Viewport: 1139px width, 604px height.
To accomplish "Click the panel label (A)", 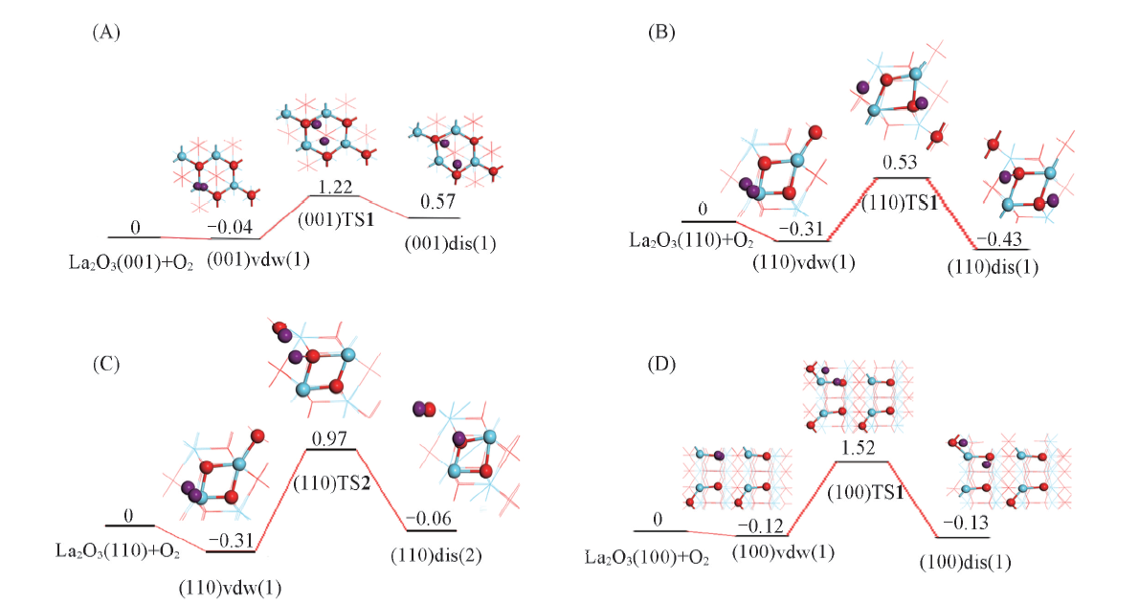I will (x=105, y=33).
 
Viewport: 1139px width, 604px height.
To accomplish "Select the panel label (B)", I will (x=661, y=33).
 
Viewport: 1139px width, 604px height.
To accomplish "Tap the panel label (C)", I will (x=104, y=365).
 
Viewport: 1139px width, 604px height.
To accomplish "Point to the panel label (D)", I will (x=661, y=365).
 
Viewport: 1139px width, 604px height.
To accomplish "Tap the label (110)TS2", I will (x=331, y=468).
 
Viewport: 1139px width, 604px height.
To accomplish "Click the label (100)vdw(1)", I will (x=770, y=551).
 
